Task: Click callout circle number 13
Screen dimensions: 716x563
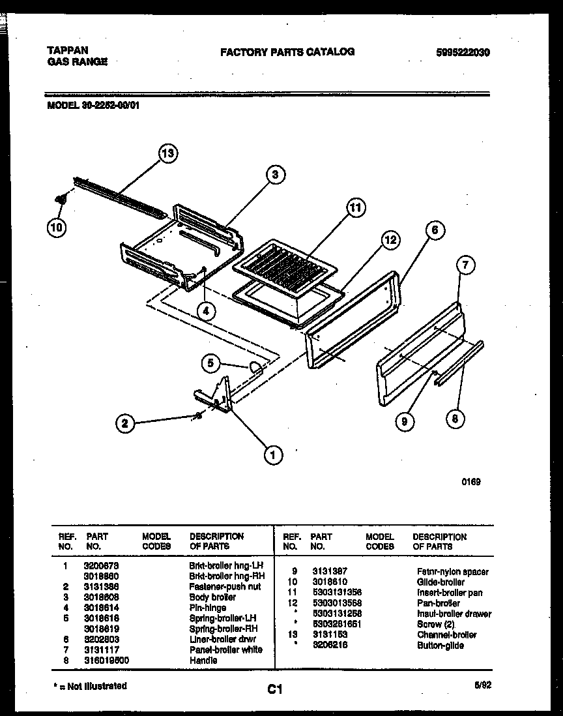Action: pyautogui.click(x=168, y=154)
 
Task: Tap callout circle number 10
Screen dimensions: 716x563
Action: pyautogui.click(x=56, y=228)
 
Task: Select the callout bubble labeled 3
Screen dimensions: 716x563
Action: pyautogui.click(x=276, y=174)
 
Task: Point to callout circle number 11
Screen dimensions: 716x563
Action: pyautogui.click(x=354, y=208)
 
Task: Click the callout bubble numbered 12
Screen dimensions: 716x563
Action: pyautogui.click(x=390, y=241)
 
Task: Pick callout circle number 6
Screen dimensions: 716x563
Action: pyautogui.click(x=435, y=230)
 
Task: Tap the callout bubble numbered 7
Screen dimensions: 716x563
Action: pyautogui.click(x=465, y=265)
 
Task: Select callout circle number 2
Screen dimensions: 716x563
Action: pyautogui.click(x=126, y=424)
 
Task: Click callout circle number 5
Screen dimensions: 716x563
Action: pyautogui.click(x=210, y=364)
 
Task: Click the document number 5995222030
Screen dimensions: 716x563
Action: pyautogui.click(x=463, y=52)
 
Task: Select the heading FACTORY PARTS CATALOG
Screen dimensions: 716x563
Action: pyautogui.click(x=287, y=52)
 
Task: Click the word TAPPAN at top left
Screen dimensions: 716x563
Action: pyautogui.click(x=68, y=50)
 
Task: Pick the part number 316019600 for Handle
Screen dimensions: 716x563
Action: pyautogui.click(x=108, y=660)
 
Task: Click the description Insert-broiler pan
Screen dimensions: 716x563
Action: pyautogui.click(x=450, y=592)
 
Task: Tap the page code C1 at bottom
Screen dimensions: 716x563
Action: pyautogui.click(x=274, y=689)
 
